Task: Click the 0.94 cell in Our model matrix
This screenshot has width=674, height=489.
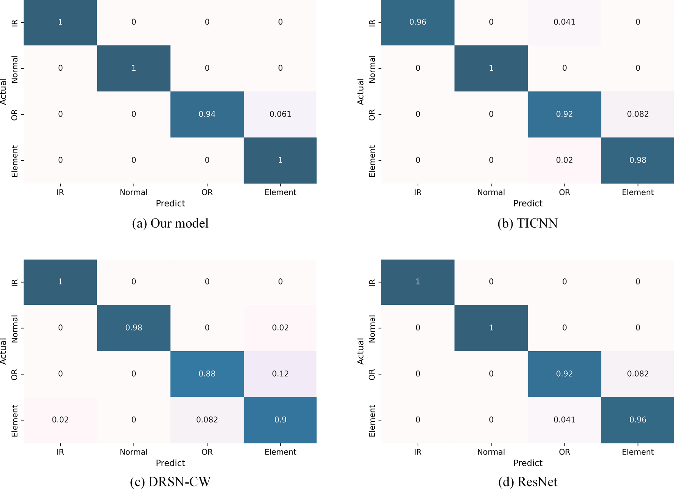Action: click(207, 114)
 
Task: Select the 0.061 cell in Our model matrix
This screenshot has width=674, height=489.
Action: click(280, 114)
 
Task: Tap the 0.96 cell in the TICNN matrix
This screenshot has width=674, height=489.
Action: click(417, 22)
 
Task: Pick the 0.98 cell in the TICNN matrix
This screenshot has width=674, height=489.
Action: click(637, 160)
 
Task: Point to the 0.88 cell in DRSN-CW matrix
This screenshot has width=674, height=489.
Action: click(207, 374)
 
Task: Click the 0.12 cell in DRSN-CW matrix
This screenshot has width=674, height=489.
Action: click(280, 374)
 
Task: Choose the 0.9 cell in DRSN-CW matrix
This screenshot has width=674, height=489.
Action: click(280, 420)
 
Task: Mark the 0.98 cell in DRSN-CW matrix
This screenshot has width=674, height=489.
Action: click(133, 328)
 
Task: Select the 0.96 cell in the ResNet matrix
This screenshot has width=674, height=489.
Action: click(637, 420)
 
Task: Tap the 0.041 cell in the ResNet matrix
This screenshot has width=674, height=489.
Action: click(564, 420)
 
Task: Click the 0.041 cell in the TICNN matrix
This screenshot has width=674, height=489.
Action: click(564, 22)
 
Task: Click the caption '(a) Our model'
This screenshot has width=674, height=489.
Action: click(170, 224)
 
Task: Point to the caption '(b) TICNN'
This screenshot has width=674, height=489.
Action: click(528, 224)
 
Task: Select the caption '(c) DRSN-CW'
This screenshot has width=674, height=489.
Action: click(170, 482)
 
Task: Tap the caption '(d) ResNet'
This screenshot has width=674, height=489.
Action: click(528, 482)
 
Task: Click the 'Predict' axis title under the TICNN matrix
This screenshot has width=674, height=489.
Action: click(528, 203)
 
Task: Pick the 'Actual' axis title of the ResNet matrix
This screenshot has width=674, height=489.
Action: click(360, 351)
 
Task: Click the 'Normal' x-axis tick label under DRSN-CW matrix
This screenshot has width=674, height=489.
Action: click(133, 452)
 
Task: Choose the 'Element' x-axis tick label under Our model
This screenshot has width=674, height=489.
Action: click(280, 192)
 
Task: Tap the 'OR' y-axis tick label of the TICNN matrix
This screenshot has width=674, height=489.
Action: click(372, 115)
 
